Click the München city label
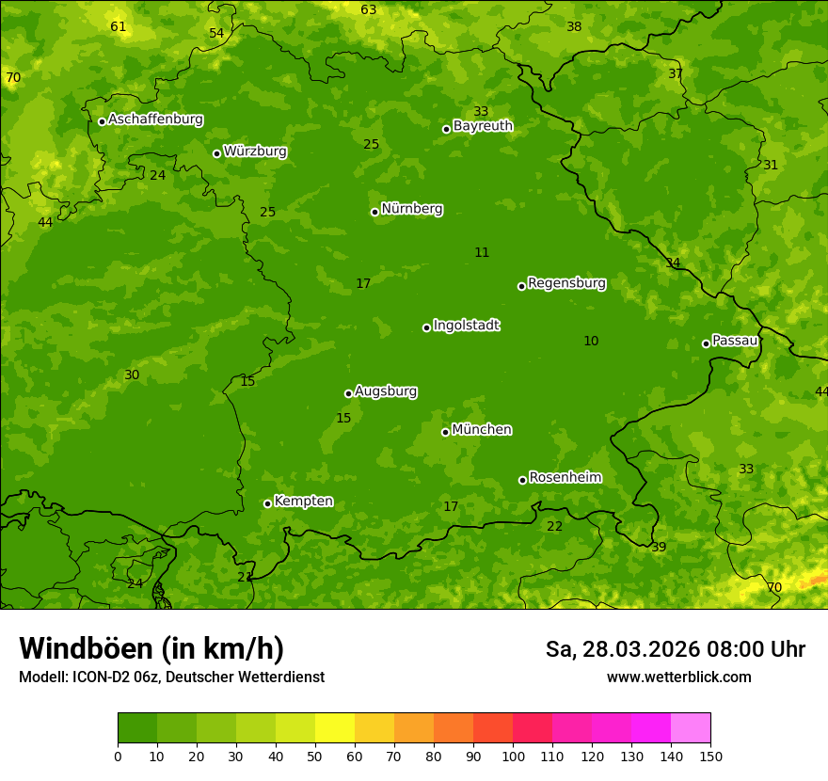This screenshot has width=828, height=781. (x=482, y=430)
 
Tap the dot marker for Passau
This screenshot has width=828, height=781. (x=706, y=343)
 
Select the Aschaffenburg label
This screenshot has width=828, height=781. (x=155, y=120)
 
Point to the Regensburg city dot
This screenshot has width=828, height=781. (x=521, y=286)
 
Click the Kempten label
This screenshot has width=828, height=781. (x=303, y=502)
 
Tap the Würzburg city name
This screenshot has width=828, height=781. (x=255, y=151)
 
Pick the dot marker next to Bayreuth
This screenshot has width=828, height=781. (x=447, y=129)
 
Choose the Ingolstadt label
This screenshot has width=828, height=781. (x=466, y=326)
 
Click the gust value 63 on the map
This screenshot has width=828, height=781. (x=369, y=10)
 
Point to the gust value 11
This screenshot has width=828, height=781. (x=482, y=252)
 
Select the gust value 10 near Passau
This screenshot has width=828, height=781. (x=591, y=342)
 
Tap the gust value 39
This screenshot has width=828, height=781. (x=659, y=548)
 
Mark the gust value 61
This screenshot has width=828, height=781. (x=119, y=27)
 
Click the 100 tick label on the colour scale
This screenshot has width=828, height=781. (x=513, y=756)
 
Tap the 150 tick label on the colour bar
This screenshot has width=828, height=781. (x=710, y=756)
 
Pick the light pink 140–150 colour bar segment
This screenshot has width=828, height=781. (x=691, y=728)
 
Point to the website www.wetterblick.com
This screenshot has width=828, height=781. (x=678, y=677)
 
